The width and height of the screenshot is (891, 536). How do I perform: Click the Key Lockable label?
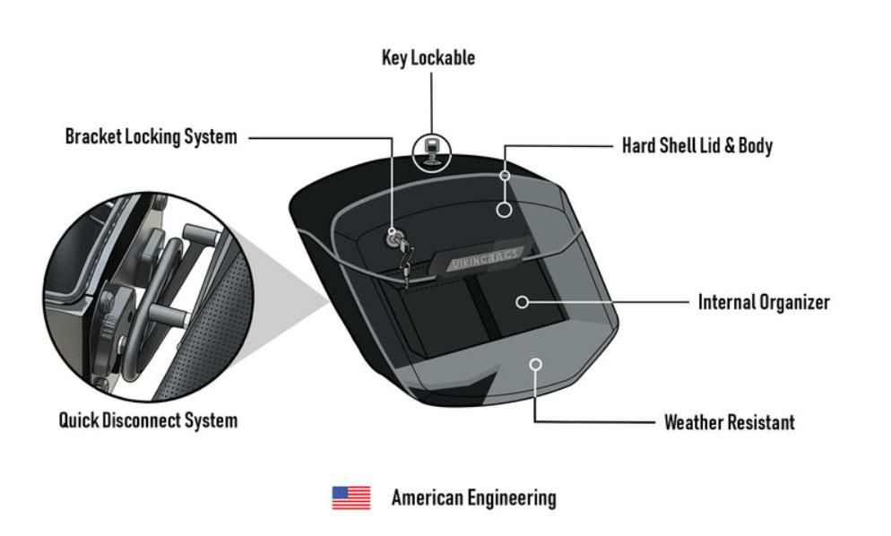428,58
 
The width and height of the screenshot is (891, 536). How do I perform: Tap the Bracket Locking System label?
151,137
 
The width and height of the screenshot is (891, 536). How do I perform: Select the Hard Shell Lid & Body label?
696,145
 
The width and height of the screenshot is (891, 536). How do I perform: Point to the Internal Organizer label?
764,302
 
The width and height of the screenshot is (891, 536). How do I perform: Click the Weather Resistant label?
729,422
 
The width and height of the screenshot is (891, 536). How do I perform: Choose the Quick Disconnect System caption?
148,419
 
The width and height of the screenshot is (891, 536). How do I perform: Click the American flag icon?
351,497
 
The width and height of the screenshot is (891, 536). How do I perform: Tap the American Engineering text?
473,497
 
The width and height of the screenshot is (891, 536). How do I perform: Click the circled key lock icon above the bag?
432,150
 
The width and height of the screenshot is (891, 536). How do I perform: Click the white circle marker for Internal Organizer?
522,302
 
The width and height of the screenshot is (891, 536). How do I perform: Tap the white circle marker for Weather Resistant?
535,364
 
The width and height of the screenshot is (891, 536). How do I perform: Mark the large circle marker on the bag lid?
505,210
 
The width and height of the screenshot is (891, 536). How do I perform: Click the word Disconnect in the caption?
149,419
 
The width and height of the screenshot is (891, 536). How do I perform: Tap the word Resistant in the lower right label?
760,422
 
